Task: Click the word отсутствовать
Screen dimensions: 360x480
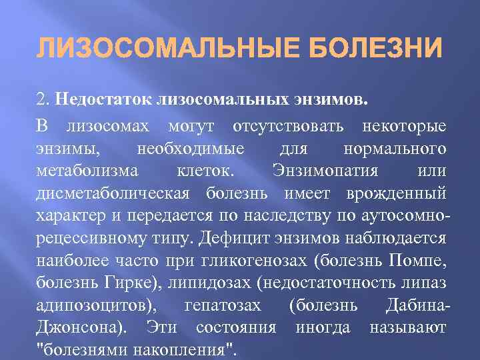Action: pyautogui.click(x=288, y=126)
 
